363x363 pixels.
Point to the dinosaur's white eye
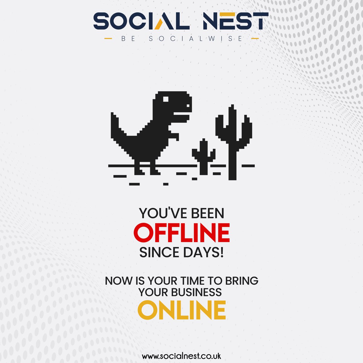tap(166, 99)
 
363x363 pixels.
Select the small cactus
tap(204, 156)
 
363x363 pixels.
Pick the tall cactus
tap(233, 136)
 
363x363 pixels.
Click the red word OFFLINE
tap(181, 233)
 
